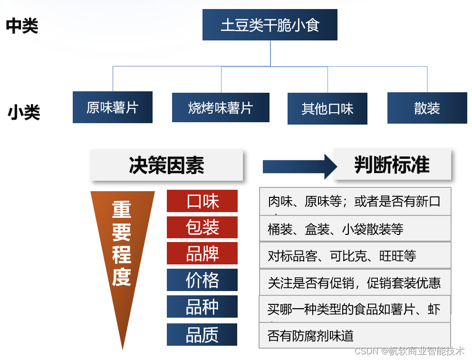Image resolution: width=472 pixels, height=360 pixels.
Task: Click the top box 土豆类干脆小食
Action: (x=270, y=25)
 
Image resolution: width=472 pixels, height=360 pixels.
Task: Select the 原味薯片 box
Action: (x=113, y=107)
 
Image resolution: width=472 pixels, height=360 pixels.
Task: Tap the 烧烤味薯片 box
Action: (x=221, y=107)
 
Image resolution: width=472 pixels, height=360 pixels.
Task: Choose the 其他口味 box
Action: (x=328, y=109)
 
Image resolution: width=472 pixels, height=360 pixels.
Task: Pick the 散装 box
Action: (x=427, y=108)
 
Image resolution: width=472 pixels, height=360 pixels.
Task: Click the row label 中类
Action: (x=22, y=26)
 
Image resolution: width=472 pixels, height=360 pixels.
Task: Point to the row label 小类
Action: (x=24, y=113)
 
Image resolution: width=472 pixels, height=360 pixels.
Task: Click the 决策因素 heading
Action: (x=166, y=165)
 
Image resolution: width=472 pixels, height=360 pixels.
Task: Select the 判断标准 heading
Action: (x=392, y=165)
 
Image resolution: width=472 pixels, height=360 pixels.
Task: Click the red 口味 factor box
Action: (x=202, y=201)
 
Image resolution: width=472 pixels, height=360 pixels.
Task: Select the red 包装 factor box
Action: (x=202, y=227)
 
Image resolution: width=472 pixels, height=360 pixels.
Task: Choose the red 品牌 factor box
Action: (x=202, y=253)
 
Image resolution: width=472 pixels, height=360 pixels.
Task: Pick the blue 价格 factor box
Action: (x=202, y=280)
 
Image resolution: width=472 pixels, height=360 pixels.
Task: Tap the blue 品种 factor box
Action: (x=202, y=307)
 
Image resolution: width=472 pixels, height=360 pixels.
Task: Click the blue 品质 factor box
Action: (x=202, y=335)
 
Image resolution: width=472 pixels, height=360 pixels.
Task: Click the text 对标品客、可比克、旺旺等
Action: (x=342, y=256)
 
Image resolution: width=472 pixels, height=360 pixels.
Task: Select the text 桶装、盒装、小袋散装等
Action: (x=336, y=230)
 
